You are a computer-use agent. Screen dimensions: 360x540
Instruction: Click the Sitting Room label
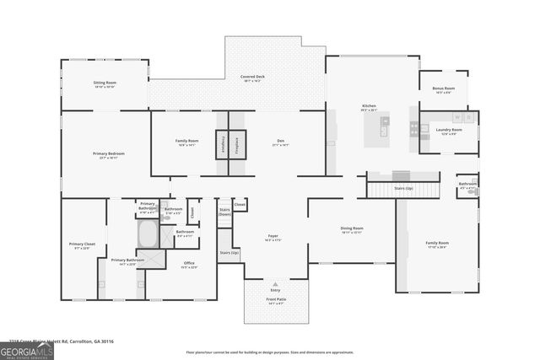coord(105,84)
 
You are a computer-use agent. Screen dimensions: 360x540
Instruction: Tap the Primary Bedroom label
coord(109,154)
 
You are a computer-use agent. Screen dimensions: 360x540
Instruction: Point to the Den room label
coord(280,142)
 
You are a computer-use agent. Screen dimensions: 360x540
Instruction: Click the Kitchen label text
coord(369,106)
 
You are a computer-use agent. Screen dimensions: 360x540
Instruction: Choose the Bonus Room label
coord(443,89)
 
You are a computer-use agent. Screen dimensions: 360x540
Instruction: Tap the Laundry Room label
coord(451,130)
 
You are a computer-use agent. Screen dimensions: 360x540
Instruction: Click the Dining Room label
coord(352,228)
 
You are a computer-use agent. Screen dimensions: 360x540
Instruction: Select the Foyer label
coord(273,238)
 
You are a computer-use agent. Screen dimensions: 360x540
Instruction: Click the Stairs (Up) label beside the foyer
coord(229,253)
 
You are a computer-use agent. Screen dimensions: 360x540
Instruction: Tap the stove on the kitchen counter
coord(413,129)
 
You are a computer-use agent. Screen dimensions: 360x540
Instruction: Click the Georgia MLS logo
coord(27,350)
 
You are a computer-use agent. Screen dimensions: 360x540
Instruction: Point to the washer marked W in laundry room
coord(456,118)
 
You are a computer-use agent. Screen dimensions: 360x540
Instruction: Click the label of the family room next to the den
coord(186,142)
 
